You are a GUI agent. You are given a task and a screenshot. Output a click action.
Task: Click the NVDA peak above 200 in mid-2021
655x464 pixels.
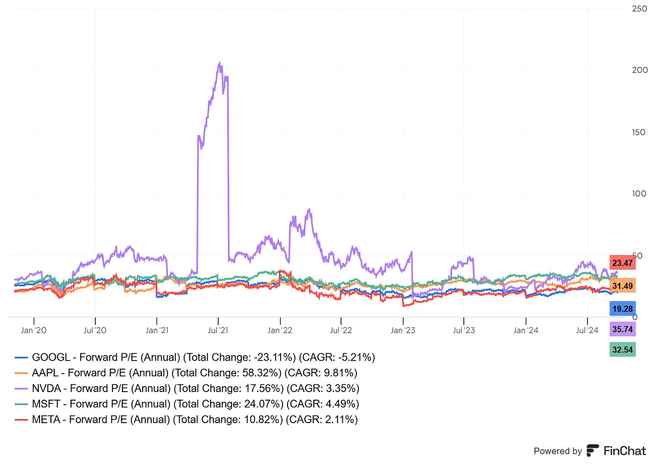tap(220, 63)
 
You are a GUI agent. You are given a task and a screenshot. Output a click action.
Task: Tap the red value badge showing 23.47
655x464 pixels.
tap(623, 263)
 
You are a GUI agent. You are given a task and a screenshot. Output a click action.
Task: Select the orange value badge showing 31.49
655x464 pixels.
tap(623, 286)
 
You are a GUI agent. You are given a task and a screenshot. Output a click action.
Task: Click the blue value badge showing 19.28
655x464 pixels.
tap(623, 309)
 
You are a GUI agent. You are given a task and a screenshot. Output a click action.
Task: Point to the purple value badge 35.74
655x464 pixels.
tap(623, 329)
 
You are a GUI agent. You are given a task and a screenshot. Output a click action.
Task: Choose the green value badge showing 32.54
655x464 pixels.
tap(623, 350)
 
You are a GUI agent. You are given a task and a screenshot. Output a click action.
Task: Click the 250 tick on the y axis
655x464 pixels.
tap(639, 9)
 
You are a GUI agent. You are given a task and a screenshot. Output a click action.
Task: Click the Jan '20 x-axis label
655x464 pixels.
tap(34, 330)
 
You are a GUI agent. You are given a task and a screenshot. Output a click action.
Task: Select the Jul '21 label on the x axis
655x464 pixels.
tap(218, 330)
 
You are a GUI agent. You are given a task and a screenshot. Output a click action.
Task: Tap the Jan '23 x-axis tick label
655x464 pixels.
tap(403, 330)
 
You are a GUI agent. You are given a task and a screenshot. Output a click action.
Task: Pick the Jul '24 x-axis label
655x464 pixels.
tap(588, 330)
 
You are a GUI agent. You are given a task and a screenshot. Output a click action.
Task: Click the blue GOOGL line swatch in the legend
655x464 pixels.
tap(22, 358)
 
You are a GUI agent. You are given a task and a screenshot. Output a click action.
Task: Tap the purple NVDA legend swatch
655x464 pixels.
tap(22, 389)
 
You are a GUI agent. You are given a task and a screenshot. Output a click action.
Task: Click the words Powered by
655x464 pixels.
tap(558, 451)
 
